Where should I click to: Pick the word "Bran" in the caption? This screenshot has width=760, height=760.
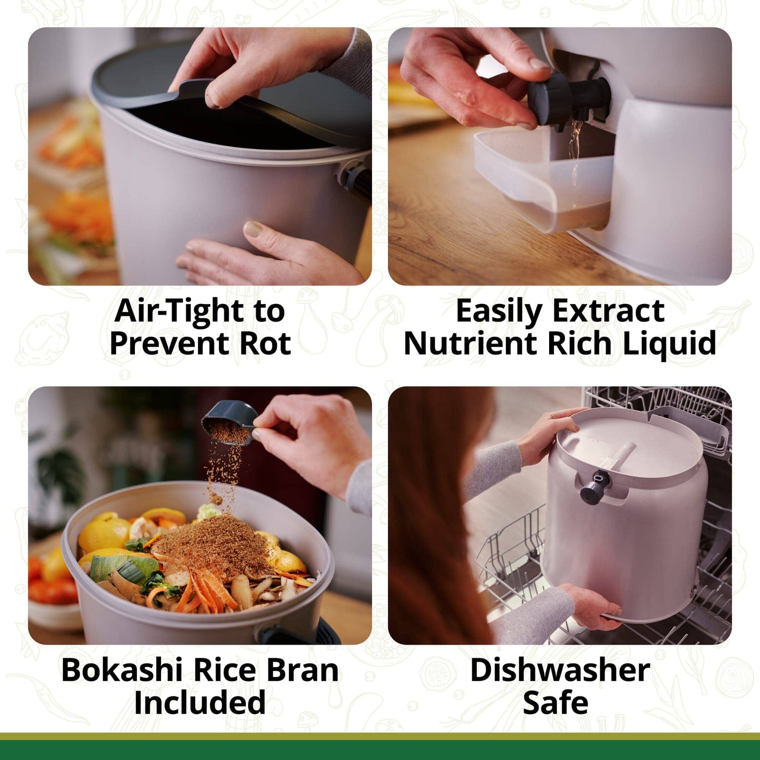click(x=302, y=670)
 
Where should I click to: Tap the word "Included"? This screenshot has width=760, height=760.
click(x=199, y=703)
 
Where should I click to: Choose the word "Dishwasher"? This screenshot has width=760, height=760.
click(x=560, y=670)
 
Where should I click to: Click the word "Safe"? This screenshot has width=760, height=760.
click(x=555, y=703)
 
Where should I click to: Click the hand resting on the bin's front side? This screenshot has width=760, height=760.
click(x=266, y=252)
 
